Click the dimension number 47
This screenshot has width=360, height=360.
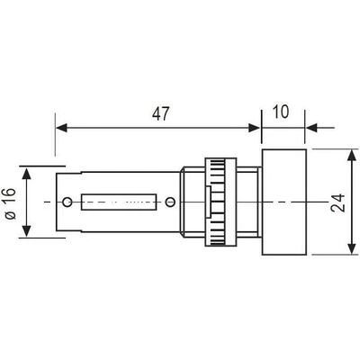(161, 113)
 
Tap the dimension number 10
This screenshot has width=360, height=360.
(281, 112)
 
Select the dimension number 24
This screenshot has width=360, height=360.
(338, 203)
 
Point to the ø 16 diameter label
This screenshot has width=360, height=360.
(11, 203)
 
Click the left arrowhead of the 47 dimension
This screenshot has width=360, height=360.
(61, 128)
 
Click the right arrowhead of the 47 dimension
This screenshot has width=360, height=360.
(255, 128)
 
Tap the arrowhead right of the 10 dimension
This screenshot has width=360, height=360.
(311, 128)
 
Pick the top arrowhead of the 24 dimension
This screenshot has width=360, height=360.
(352, 156)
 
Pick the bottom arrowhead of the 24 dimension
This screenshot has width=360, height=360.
(352, 248)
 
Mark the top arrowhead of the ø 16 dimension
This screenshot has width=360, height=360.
(27, 174)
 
